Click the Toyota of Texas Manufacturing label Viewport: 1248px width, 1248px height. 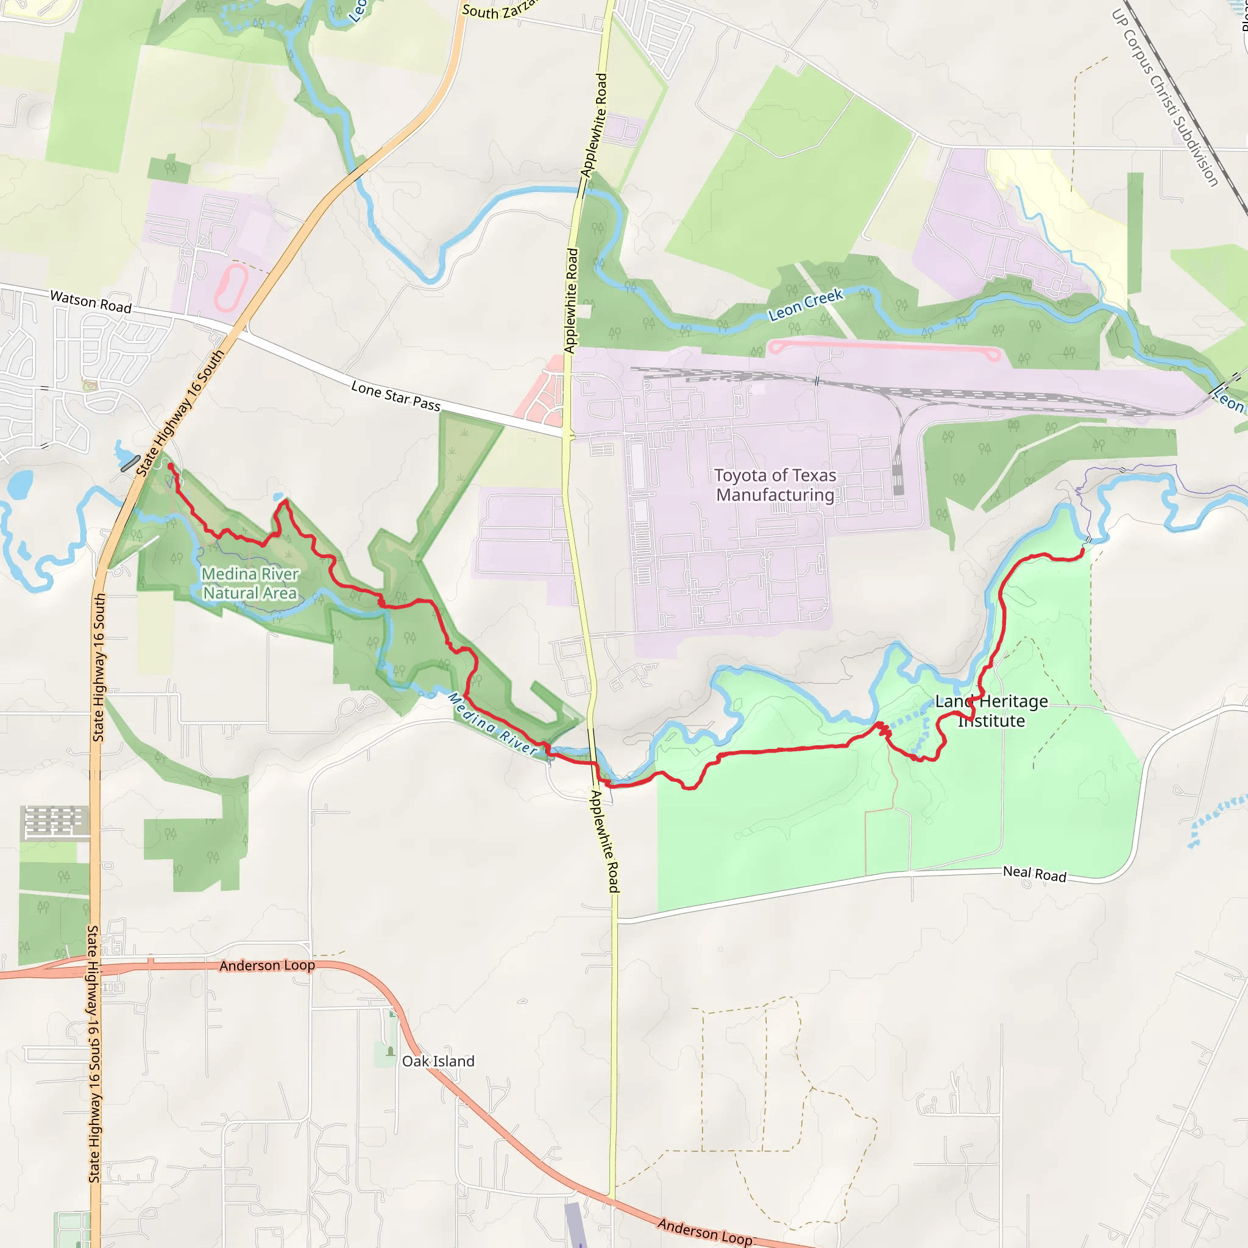(x=775, y=485)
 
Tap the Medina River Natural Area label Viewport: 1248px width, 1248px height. (x=250, y=583)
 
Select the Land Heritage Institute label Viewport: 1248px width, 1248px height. (x=991, y=711)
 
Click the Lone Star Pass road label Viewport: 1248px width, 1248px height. (x=395, y=396)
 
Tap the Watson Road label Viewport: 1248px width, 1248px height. (x=90, y=302)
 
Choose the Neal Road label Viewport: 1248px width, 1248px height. (x=1034, y=874)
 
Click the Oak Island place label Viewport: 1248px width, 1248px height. (x=438, y=1062)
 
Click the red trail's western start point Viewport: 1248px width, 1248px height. (x=171, y=466)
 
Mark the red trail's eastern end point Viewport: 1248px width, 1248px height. (x=1083, y=551)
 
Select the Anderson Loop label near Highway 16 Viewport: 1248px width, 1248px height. (x=267, y=966)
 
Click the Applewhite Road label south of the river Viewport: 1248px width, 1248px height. (x=605, y=842)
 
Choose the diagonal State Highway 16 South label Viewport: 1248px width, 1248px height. (x=180, y=413)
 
